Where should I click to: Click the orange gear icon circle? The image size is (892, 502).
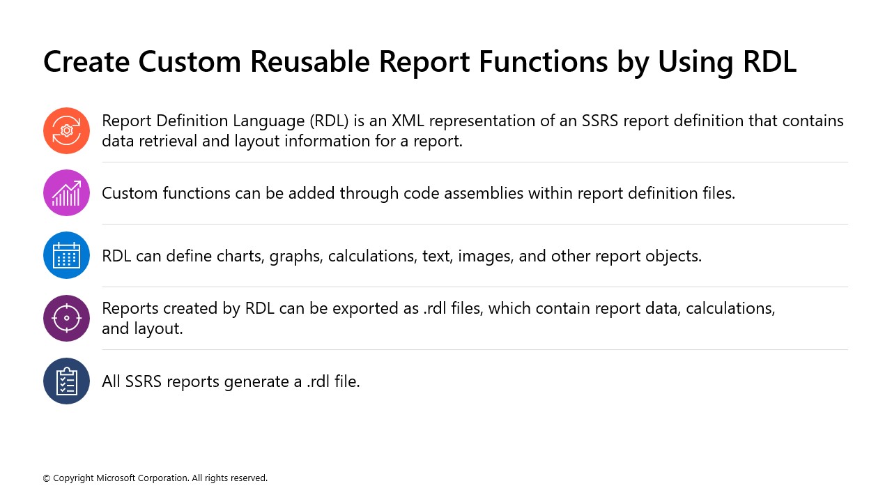coord(66,130)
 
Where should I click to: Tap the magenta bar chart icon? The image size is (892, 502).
coord(66,193)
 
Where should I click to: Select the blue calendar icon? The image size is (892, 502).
coord(66,255)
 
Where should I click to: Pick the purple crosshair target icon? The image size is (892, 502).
coord(66,318)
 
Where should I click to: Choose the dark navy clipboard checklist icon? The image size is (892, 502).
coord(66,381)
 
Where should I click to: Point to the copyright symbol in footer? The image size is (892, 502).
coord(47,478)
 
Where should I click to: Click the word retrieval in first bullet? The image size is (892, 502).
coord(165,141)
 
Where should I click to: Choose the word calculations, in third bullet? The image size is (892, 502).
coord(372,256)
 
